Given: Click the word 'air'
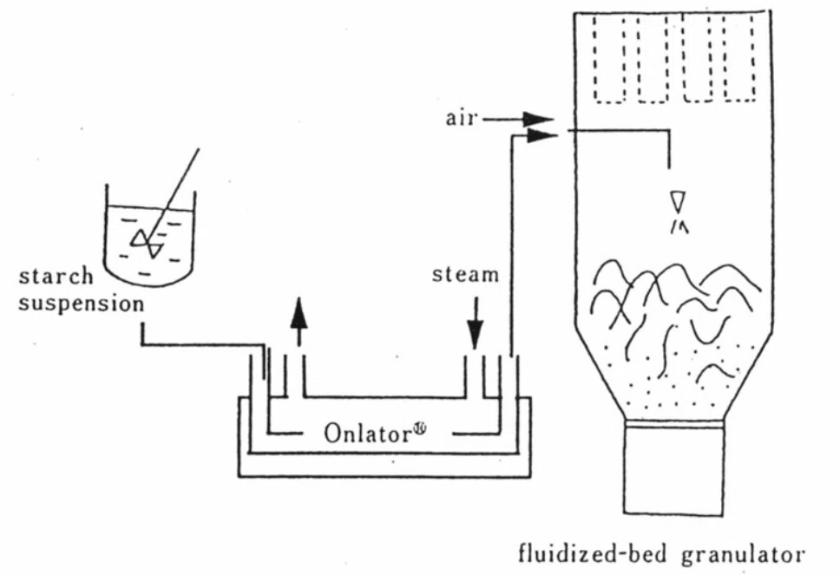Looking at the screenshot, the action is tap(461, 118).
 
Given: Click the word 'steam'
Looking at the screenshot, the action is tap(465, 275).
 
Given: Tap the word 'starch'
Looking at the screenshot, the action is tap(56, 277).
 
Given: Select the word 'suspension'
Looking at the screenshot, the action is tap(82, 304).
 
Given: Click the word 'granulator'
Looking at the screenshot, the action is tap(743, 555).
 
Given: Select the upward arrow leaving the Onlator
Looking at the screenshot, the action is tap(299, 321).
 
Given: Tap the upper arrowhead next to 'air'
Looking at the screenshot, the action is tap(538, 120).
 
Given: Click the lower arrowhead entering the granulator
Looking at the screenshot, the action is tap(541, 135).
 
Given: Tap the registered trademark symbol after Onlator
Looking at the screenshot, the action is tap(420, 428).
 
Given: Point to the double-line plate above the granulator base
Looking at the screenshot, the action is tap(674, 424).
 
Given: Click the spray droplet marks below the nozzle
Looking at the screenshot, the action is tap(679, 227).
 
